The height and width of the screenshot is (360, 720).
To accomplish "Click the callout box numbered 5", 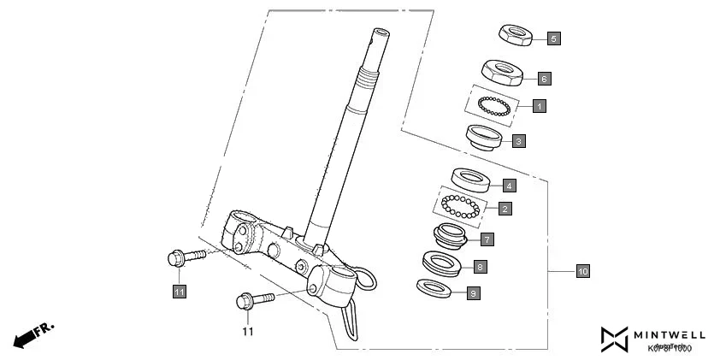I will click(x=554, y=39).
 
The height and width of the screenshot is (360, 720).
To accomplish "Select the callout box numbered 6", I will click(x=544, y=79).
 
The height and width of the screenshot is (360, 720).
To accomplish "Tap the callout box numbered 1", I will click(x=539, y=106).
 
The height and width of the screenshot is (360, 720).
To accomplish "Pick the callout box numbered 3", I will click(x=519, y=140).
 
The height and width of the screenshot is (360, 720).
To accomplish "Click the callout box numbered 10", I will click(x=582, y=272).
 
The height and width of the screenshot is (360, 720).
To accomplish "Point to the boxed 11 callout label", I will click(x=179, y=292).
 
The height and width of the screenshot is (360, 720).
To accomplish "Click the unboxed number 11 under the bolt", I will click(x=247, y=331).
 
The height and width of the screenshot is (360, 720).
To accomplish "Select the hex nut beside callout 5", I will click(x=516, y=35).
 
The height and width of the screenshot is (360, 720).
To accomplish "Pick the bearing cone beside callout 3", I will click(x=483, y=137).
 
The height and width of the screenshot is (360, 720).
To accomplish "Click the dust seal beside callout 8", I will click(x=444, y=262).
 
